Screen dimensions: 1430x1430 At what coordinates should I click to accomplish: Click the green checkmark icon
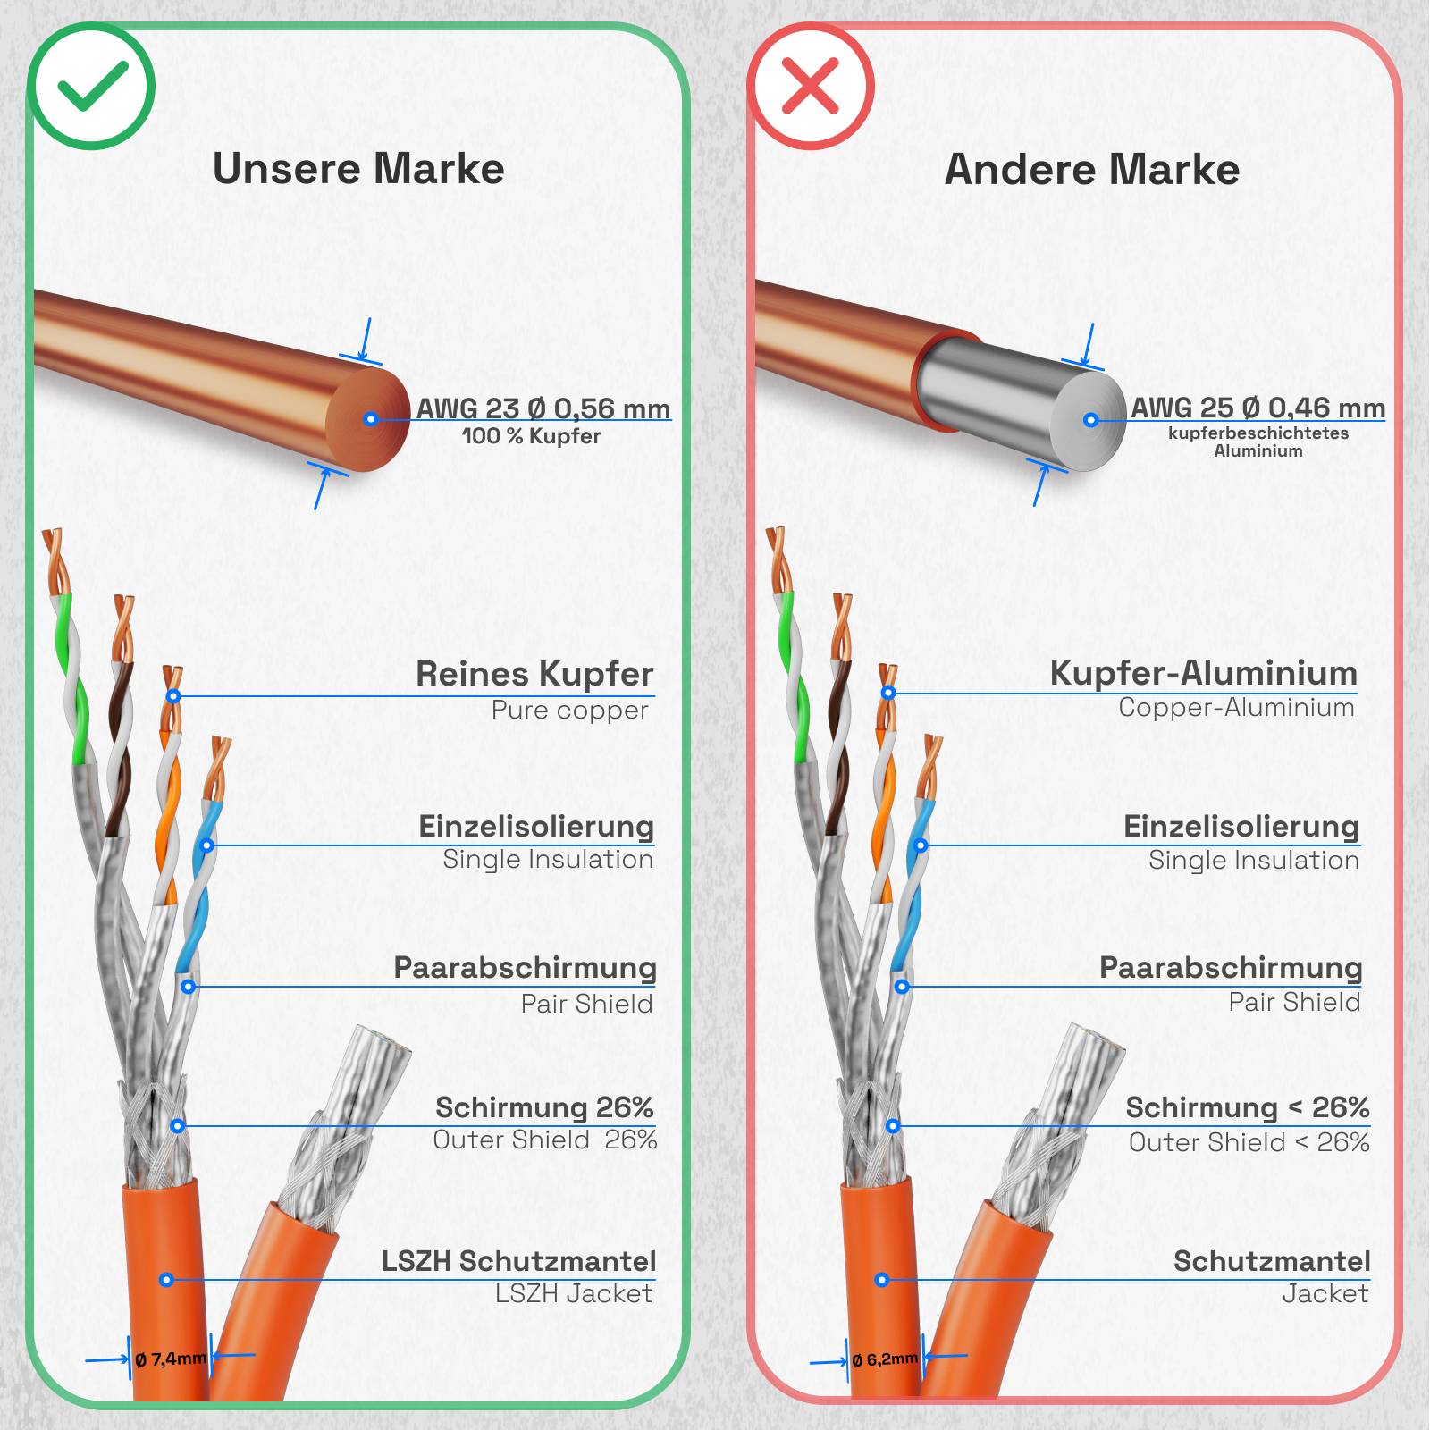point(91,86)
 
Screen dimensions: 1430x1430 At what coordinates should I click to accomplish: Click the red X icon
point(811,86)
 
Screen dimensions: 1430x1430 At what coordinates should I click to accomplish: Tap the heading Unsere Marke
point(358,169)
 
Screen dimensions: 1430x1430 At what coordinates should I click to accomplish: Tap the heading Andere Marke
point(1092,169)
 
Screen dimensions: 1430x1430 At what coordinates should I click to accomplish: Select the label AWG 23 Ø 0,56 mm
point(543,408)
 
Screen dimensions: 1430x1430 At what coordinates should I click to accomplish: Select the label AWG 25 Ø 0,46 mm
point(1258,408)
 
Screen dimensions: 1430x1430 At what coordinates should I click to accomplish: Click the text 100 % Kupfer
point(532,436)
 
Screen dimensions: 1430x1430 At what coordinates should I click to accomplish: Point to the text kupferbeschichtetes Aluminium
point(1258,442)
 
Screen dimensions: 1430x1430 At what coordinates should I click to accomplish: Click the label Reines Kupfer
point(534,674)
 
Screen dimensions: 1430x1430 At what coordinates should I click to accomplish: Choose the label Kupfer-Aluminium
point(1204,673)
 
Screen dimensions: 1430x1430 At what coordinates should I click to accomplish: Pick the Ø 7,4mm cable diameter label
point(170,1359)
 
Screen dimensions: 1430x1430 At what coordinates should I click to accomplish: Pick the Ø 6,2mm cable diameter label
point(885,1359)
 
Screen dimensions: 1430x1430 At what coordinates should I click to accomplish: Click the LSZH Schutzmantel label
point(519,1261)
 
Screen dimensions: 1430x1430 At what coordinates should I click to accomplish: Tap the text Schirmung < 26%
point(1248,1107)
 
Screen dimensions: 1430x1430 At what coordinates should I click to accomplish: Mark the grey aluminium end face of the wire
point(1089,421)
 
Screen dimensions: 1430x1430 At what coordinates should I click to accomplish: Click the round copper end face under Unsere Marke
point(368,419)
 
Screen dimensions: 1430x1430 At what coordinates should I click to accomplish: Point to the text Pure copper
point(569,711)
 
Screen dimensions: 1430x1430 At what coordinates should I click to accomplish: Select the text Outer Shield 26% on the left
point(545,1140)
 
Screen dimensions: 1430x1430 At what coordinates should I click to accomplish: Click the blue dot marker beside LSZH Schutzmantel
point(166,1280)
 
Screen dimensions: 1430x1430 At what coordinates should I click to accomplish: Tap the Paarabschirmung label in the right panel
point(1231,968)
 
